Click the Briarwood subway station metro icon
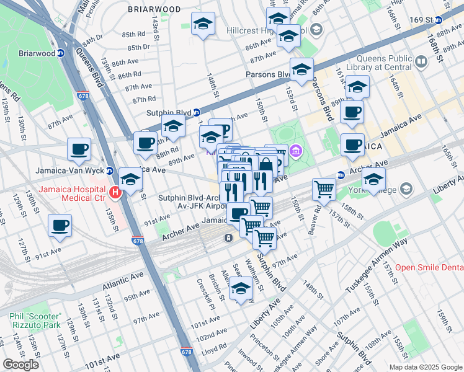pyautogui.click(x=60, y=53)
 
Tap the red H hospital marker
pyautogui.click(x=115, y=193)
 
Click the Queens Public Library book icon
pyautogui.click(x=421, y=61)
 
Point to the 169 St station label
pyautogui.click(x=420, y=20)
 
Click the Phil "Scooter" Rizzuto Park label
pyautogui.click(x=43, y=320)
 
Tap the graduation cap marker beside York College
pyautogui.click(x=374, y=180)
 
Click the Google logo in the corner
pyautogui.click(x=20, y=365)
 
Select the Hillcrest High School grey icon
pyautogui.click(x=316, y=30)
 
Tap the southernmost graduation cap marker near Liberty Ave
pyautogui.click(x=241, y=286)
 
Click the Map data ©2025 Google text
pyautogui.click(x=425, y=367)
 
